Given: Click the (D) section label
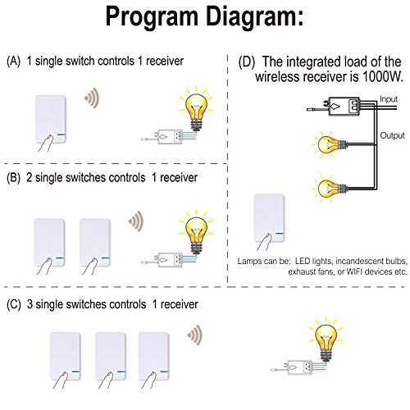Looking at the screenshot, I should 244,61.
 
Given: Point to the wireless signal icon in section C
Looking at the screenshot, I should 194,334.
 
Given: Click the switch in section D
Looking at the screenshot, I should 270,221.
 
